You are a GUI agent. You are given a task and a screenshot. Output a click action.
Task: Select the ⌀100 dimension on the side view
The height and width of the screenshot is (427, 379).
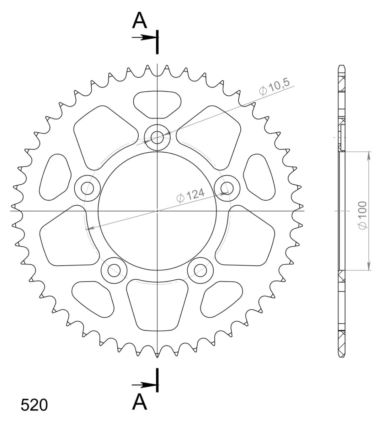point(363,215)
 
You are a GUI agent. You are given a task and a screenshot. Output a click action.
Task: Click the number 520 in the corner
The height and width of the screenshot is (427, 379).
point(34,405)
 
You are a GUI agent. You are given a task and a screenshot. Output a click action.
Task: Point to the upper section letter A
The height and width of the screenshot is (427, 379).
point(139,20)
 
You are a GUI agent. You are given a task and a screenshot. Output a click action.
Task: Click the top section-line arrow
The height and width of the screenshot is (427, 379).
point(144,37)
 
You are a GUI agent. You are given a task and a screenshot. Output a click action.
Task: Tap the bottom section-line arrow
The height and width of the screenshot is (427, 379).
point(144,385)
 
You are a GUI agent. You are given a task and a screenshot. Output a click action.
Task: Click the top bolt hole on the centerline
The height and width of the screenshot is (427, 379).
point(157,137)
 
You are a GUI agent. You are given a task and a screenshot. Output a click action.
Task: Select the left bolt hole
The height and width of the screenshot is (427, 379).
point(87,188)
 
